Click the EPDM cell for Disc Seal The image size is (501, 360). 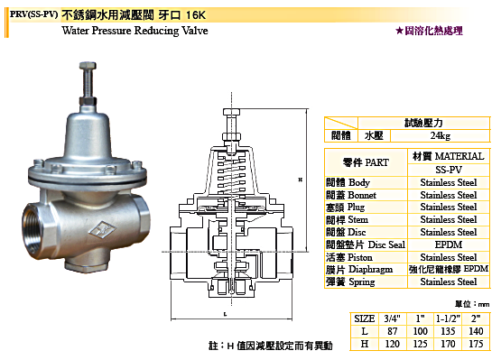[449, 245]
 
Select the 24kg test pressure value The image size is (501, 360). [440, 135]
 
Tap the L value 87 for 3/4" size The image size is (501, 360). [393, 331]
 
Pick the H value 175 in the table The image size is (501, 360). [476, 344]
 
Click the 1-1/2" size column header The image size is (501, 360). [448, 318]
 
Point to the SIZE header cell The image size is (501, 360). [365, 318]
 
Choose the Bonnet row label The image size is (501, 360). [351, 195]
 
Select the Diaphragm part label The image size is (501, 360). [359, 270]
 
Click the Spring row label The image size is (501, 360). [350, 282]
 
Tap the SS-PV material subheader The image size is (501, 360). [449, 170]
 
